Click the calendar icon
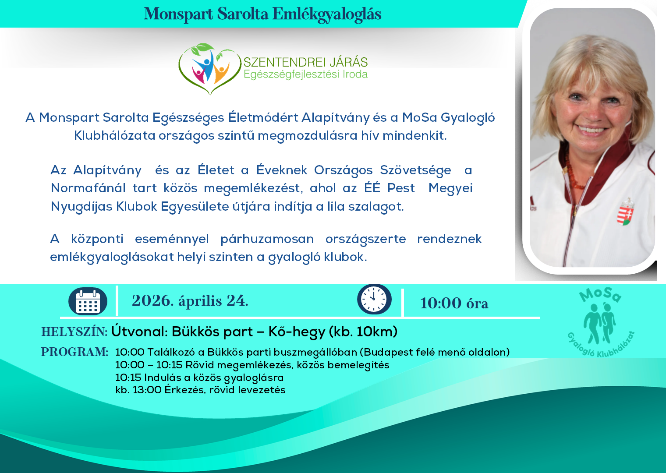coord(88,301)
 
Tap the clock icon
coord(374,300)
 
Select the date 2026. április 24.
coord(190,301)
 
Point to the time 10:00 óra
coord(454,303)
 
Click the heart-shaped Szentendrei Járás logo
coord(209,68)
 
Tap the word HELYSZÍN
coord(74,332)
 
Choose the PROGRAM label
coord(74,352)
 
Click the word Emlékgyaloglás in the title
coord(327,14)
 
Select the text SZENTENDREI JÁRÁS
coord(305,62)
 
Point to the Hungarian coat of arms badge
coord(626,212)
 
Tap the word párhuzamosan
coord(267,239)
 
